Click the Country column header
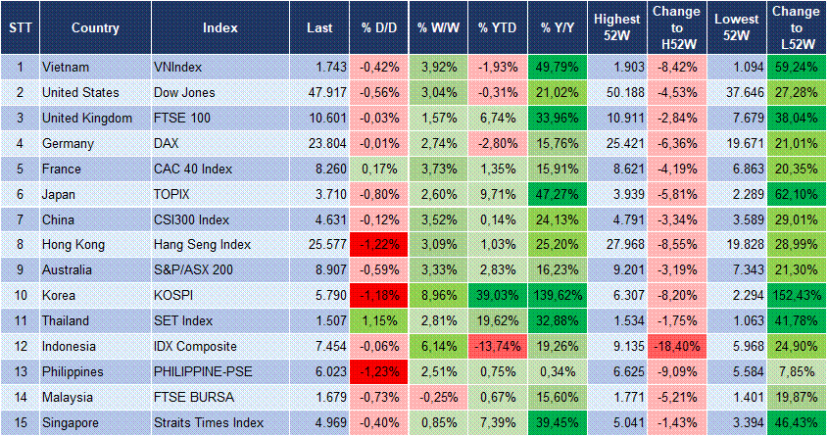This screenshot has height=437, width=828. pyautogui.click(x=96, y=27)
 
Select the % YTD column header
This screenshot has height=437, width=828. pyautogui.click(x=498, y=27)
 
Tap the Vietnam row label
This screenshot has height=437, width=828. pyautogui.click(x=66, y=67)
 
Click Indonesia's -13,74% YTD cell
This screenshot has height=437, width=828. pyautogui.click(x=498, y=346)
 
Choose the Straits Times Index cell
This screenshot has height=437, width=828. pyautogui.click(x=209, y=422)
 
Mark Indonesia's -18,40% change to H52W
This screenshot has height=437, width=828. pyautogui.click(x=676, y=346)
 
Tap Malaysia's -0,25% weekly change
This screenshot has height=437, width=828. pyautogui.click(x=438, y=397)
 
